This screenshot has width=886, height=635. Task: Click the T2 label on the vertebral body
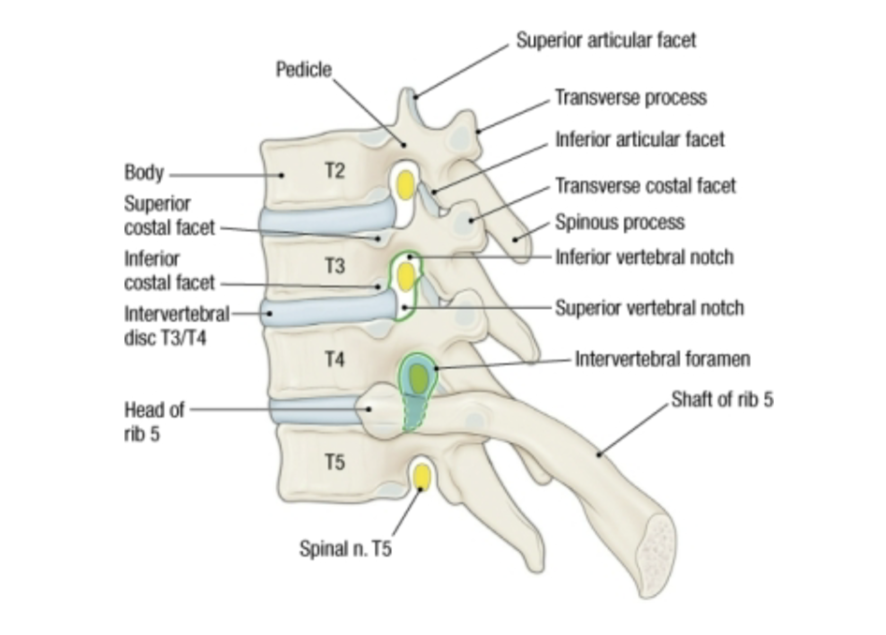pos(335,171)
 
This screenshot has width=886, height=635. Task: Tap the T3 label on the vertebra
pos(335,266)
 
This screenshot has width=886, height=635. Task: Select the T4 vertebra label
pos(335,359)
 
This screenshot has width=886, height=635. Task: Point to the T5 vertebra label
pos(335,462)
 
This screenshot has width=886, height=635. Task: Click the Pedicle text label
pos(304,69)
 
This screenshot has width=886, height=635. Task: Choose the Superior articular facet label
pos(606,40)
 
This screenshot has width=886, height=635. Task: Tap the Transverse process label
pos(631,98)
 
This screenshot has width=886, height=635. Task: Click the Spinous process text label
pos(620,223)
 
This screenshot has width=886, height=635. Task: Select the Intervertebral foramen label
pos(663,359)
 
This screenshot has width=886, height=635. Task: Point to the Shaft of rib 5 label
pos(722,399)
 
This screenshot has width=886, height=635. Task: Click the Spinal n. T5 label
pos(346,549)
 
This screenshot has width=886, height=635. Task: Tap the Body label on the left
pos(144,173)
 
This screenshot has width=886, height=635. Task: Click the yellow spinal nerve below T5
pos(422,477)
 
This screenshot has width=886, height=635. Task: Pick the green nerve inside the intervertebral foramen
pos(419,378)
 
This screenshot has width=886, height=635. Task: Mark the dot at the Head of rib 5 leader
pos(369,409)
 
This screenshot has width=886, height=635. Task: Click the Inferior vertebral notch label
pos(645,257)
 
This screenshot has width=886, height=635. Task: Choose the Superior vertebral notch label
pos(649,308)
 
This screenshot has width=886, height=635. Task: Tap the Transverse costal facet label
pos(646,186)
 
